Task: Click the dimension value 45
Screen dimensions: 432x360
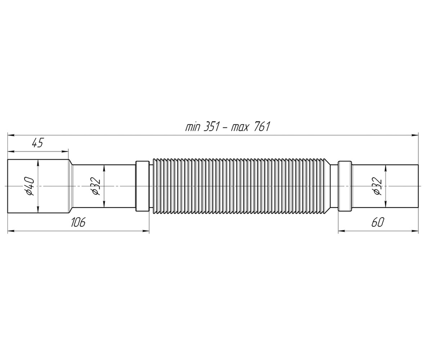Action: tap(38, 143)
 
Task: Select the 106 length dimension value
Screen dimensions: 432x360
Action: tap(78, 222)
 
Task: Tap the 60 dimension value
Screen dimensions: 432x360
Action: tap(378, 222)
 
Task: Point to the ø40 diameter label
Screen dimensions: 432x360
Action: tap(30, 186)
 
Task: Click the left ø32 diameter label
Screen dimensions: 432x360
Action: tap(96, 186)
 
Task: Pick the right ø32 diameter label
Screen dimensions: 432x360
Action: tap(378, 186)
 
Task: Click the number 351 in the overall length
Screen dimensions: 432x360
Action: tap(211, 127)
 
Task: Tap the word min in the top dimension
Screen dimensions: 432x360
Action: tap(193, 127)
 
